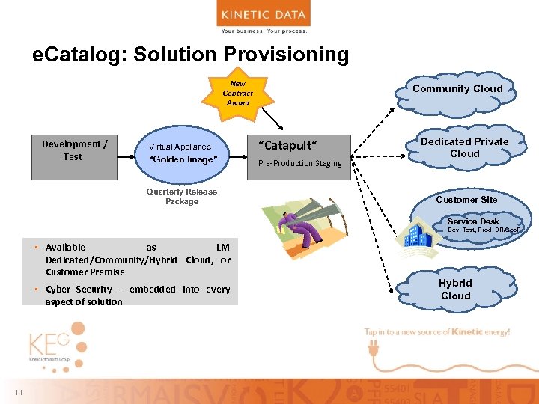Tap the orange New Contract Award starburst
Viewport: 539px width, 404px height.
coord(238,94)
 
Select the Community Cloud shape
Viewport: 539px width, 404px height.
coord(457,88)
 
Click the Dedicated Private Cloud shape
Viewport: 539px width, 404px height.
coord(464,147)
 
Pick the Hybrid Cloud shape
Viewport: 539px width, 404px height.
coord(455,289)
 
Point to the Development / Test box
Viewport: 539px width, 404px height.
coord(74,157)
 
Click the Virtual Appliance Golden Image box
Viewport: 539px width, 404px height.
coord(183,153)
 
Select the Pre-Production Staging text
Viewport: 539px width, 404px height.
coord(299,163)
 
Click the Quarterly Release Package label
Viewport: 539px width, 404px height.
coord(182,196)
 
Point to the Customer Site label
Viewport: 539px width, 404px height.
coord(466,200)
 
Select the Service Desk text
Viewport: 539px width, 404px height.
coord(473,221)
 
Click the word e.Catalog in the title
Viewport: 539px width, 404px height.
coord(71,55)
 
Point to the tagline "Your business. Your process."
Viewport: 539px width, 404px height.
coord(264,31)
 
